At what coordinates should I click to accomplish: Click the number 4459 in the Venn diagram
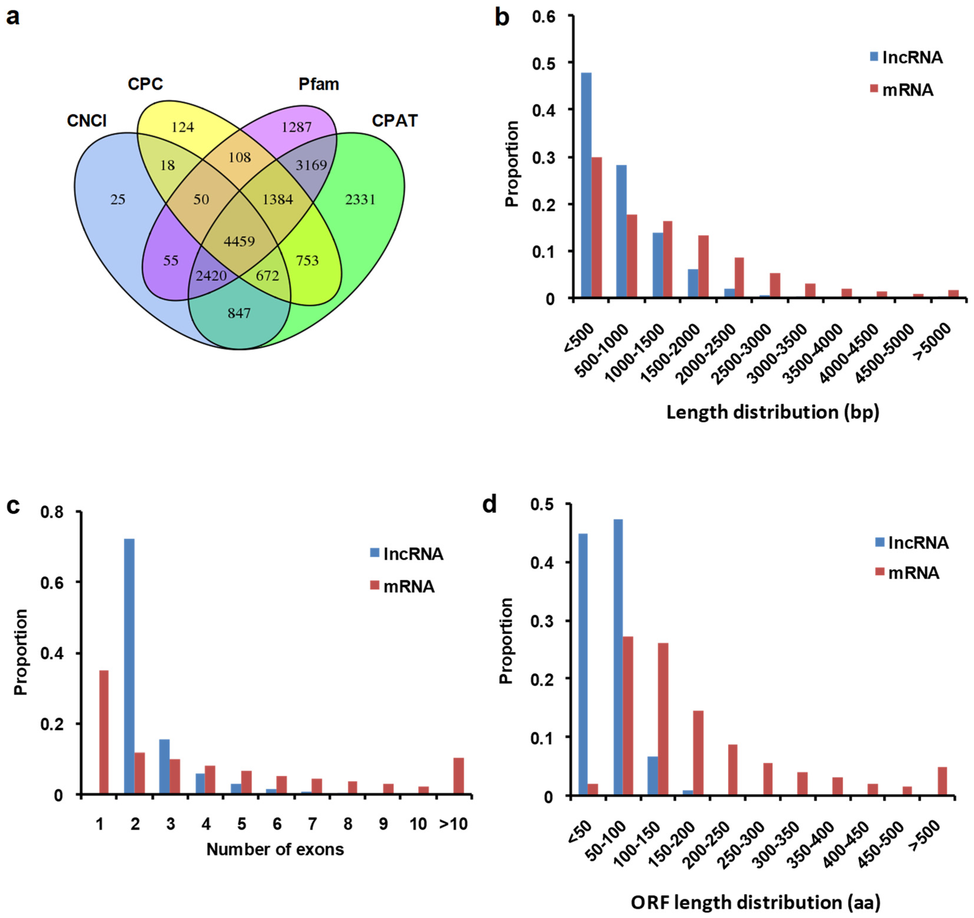click(239, 241)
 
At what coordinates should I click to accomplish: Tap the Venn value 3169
click(311, 165)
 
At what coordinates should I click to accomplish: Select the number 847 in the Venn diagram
click(239, 313)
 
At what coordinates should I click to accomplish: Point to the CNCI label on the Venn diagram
click(87, 121)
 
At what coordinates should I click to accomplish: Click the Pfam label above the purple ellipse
click(319, 84)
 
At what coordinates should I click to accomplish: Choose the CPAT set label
click(395, 121)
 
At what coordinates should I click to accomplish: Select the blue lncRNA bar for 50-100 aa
click(618, 657)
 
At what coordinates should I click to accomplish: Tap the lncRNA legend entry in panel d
click(912, 543)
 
